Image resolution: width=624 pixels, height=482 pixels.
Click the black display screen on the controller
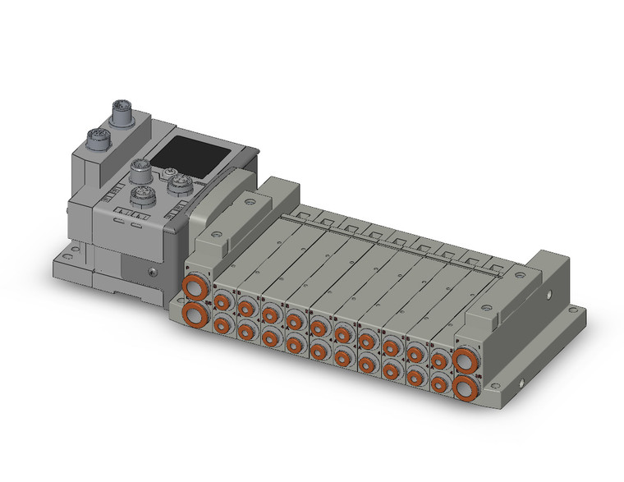tap(186, 151)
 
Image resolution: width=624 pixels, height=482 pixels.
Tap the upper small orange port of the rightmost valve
tap(440, 360)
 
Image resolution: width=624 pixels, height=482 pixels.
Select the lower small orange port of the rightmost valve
tap(440, 382)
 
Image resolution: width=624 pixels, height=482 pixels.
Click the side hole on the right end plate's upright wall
tap(546, 291)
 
